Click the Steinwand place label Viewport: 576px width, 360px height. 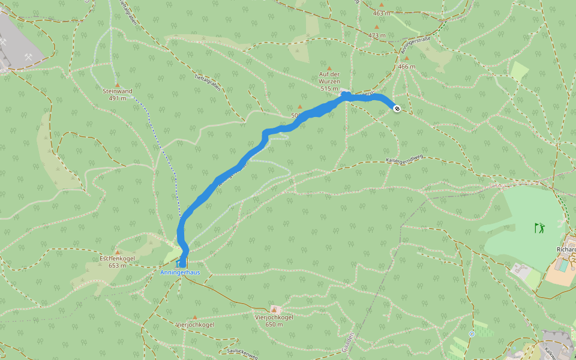[117, 91]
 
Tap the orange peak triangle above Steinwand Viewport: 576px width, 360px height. [118, 85]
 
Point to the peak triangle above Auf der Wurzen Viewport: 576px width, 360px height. [329, 68]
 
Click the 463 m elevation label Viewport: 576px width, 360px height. [381, 13]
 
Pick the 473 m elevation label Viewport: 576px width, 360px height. [377, 35]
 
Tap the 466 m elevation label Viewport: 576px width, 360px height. [406, 67]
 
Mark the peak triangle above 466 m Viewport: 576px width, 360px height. [406, 59]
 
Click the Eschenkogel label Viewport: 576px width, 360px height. [117, 259]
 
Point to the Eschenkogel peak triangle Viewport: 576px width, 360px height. [118, 252]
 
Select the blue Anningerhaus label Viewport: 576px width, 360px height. [180, 272]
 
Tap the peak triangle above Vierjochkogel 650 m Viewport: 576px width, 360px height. [274, 308]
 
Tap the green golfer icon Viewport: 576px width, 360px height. [540, 227]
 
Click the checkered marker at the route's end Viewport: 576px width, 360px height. [397, 108]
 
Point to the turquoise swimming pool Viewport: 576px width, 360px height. [564, 264]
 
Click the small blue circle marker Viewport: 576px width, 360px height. [472, 333]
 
